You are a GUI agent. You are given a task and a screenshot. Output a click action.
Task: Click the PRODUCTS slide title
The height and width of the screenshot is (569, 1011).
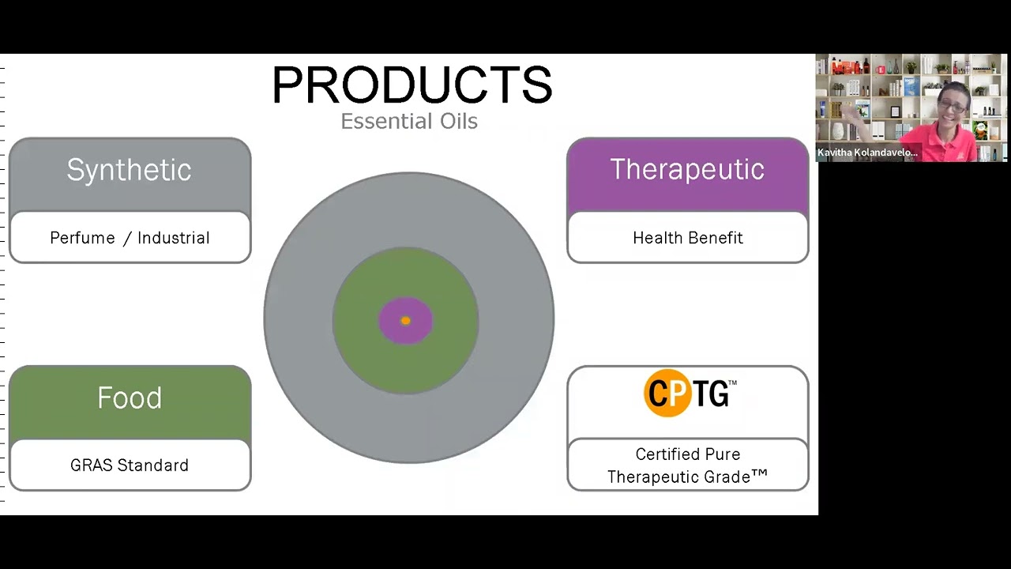412,85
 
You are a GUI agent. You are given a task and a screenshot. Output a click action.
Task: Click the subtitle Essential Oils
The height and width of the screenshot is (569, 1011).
409,122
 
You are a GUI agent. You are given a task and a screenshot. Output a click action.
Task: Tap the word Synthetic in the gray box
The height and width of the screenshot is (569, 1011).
129,170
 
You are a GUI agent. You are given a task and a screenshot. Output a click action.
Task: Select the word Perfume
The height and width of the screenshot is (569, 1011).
82,238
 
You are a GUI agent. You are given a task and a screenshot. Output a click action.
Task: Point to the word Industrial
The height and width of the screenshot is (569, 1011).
174,238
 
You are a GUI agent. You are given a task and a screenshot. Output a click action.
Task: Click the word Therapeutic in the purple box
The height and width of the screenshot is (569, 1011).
687,169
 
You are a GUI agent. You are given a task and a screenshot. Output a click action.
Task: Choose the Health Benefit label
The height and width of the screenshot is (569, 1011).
688,238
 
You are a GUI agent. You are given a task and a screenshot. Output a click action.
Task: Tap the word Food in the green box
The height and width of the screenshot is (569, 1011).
130,398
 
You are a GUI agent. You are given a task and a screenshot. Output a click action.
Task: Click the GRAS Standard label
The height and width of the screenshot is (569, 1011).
130,465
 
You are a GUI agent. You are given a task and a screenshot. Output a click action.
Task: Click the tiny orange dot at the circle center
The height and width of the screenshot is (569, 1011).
405,321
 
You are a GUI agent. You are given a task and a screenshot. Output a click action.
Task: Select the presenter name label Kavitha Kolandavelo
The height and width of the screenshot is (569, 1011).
867,153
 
